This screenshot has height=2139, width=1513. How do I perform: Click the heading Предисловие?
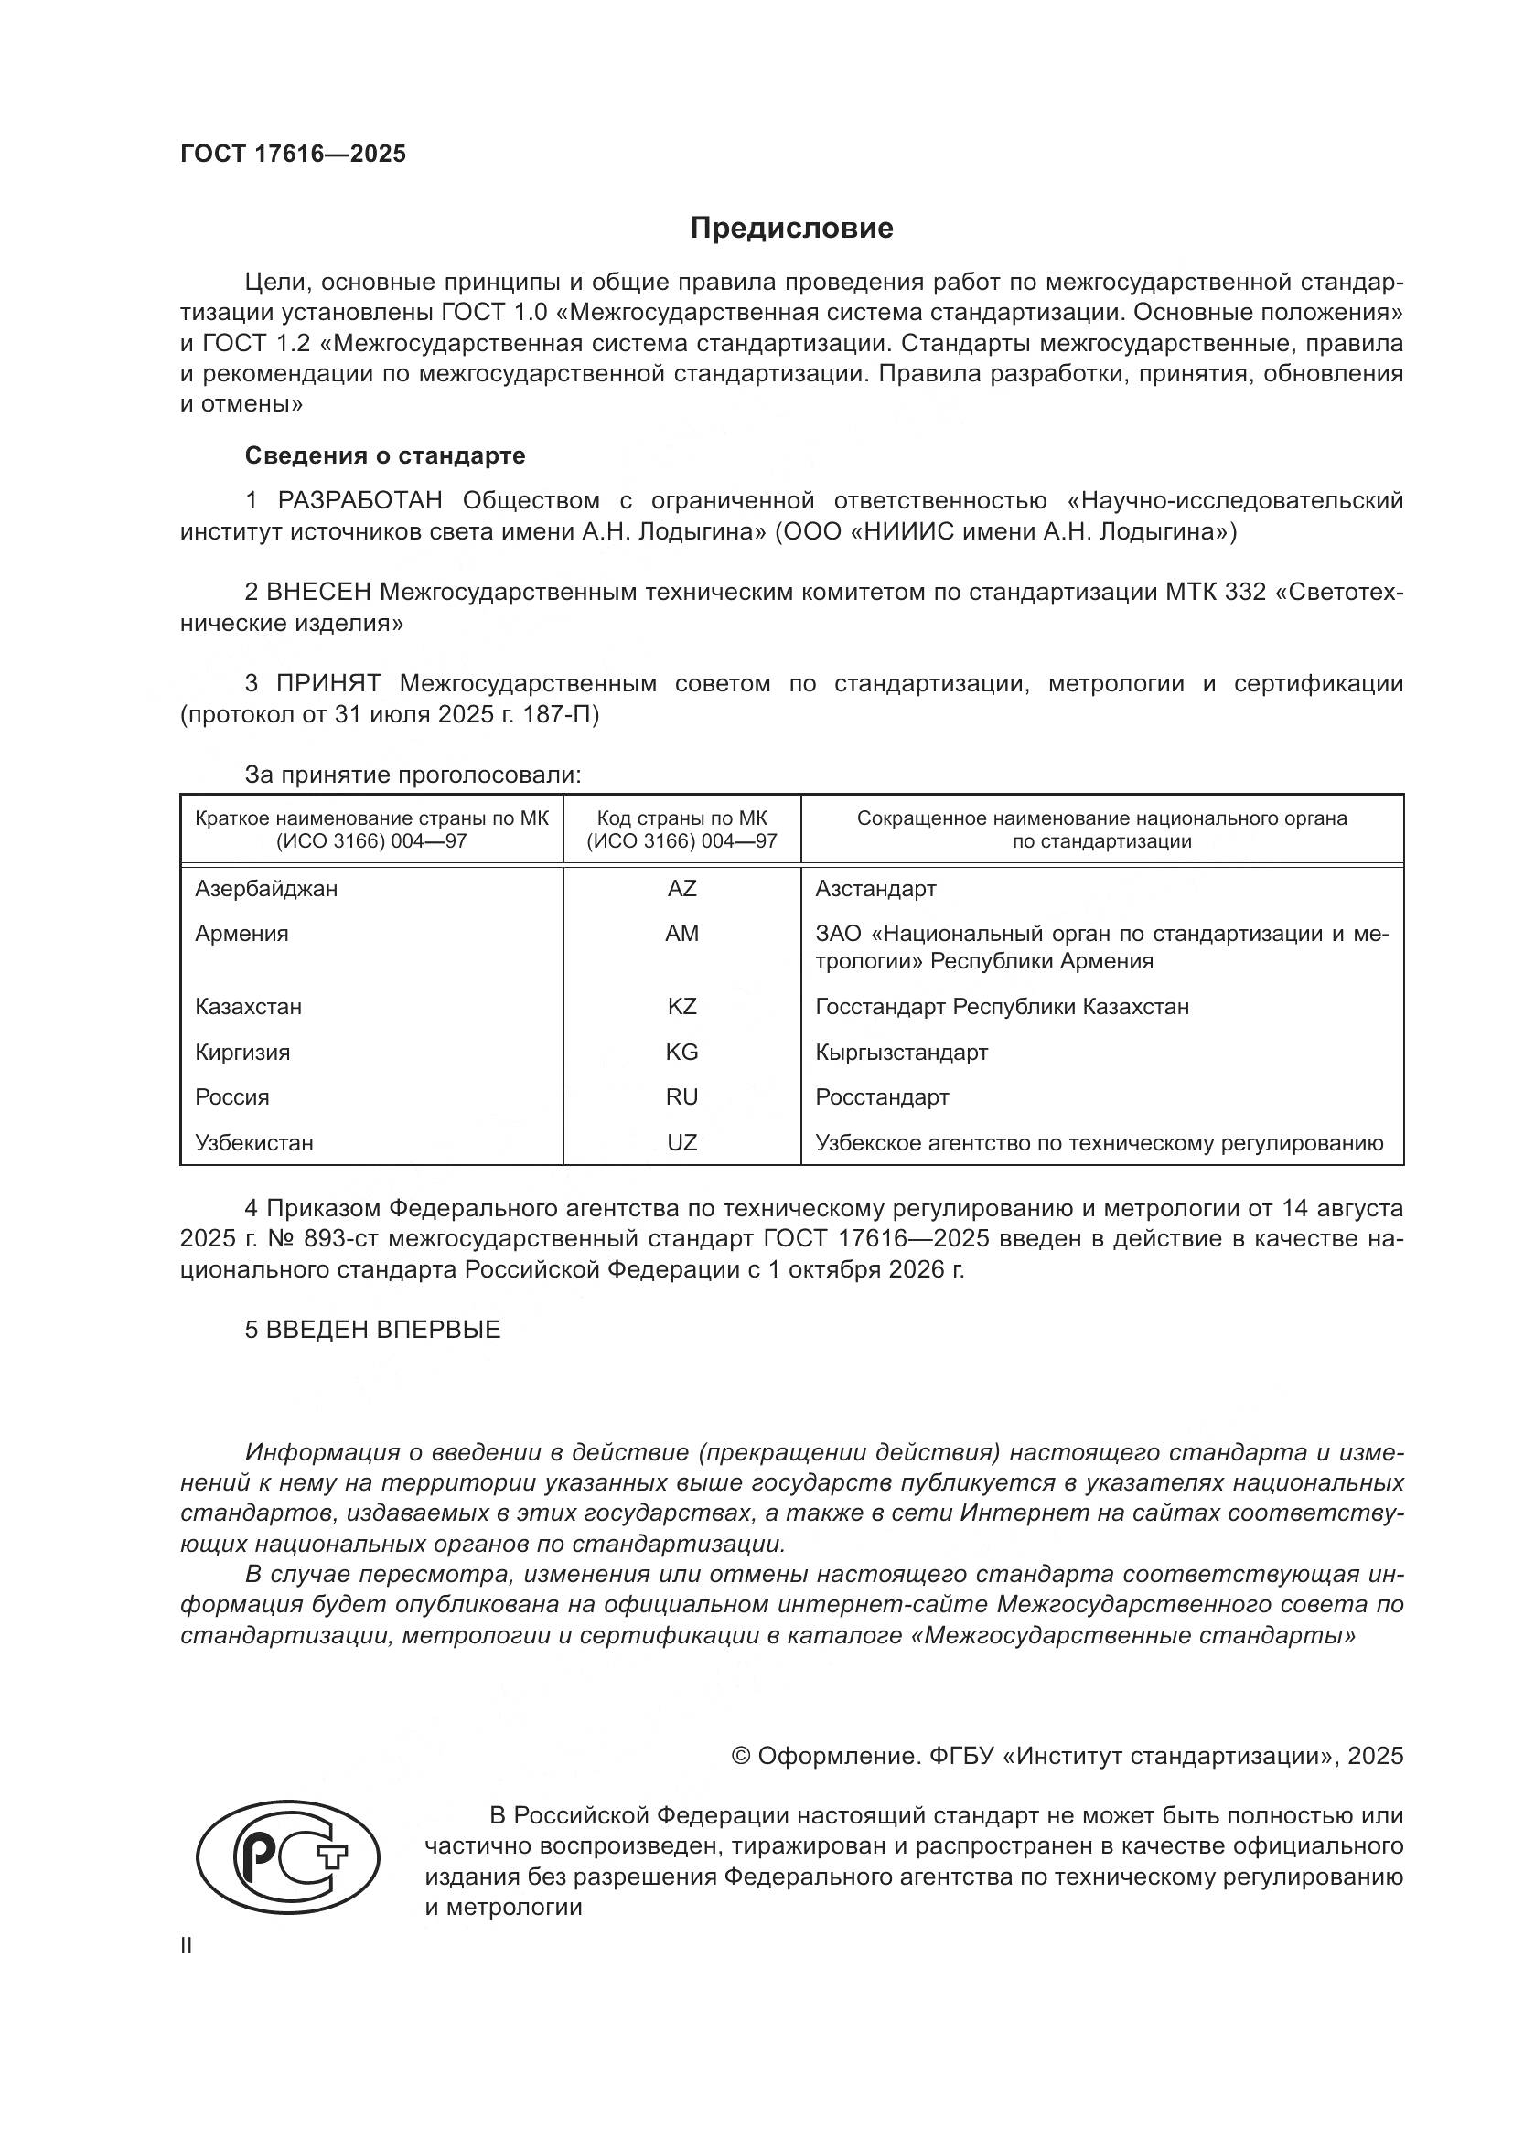click(792, 229)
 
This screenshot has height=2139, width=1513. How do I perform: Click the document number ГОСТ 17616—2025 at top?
click(294, 154)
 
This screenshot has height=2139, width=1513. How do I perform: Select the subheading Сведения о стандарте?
click(385, 455)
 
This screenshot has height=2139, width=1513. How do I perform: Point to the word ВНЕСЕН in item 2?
click(318, 593)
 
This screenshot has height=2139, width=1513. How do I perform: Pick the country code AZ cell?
click(682, 889)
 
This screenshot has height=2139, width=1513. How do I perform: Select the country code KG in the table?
click(682, 1053)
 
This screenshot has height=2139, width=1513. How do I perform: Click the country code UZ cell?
click(682, 1143)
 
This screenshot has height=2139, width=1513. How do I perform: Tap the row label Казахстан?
click(249, 1007)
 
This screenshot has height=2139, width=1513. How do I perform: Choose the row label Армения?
click(242, 934)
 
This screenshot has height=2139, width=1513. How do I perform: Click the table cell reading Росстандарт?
click(882, 1097)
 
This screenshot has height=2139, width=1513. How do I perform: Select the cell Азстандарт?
click(875, 889)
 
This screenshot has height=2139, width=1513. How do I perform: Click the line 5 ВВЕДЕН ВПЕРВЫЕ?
click(372, 1330)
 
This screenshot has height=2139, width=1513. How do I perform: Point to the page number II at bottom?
click(187, 1946)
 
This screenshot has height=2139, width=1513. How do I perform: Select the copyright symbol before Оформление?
click(742, 1756)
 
